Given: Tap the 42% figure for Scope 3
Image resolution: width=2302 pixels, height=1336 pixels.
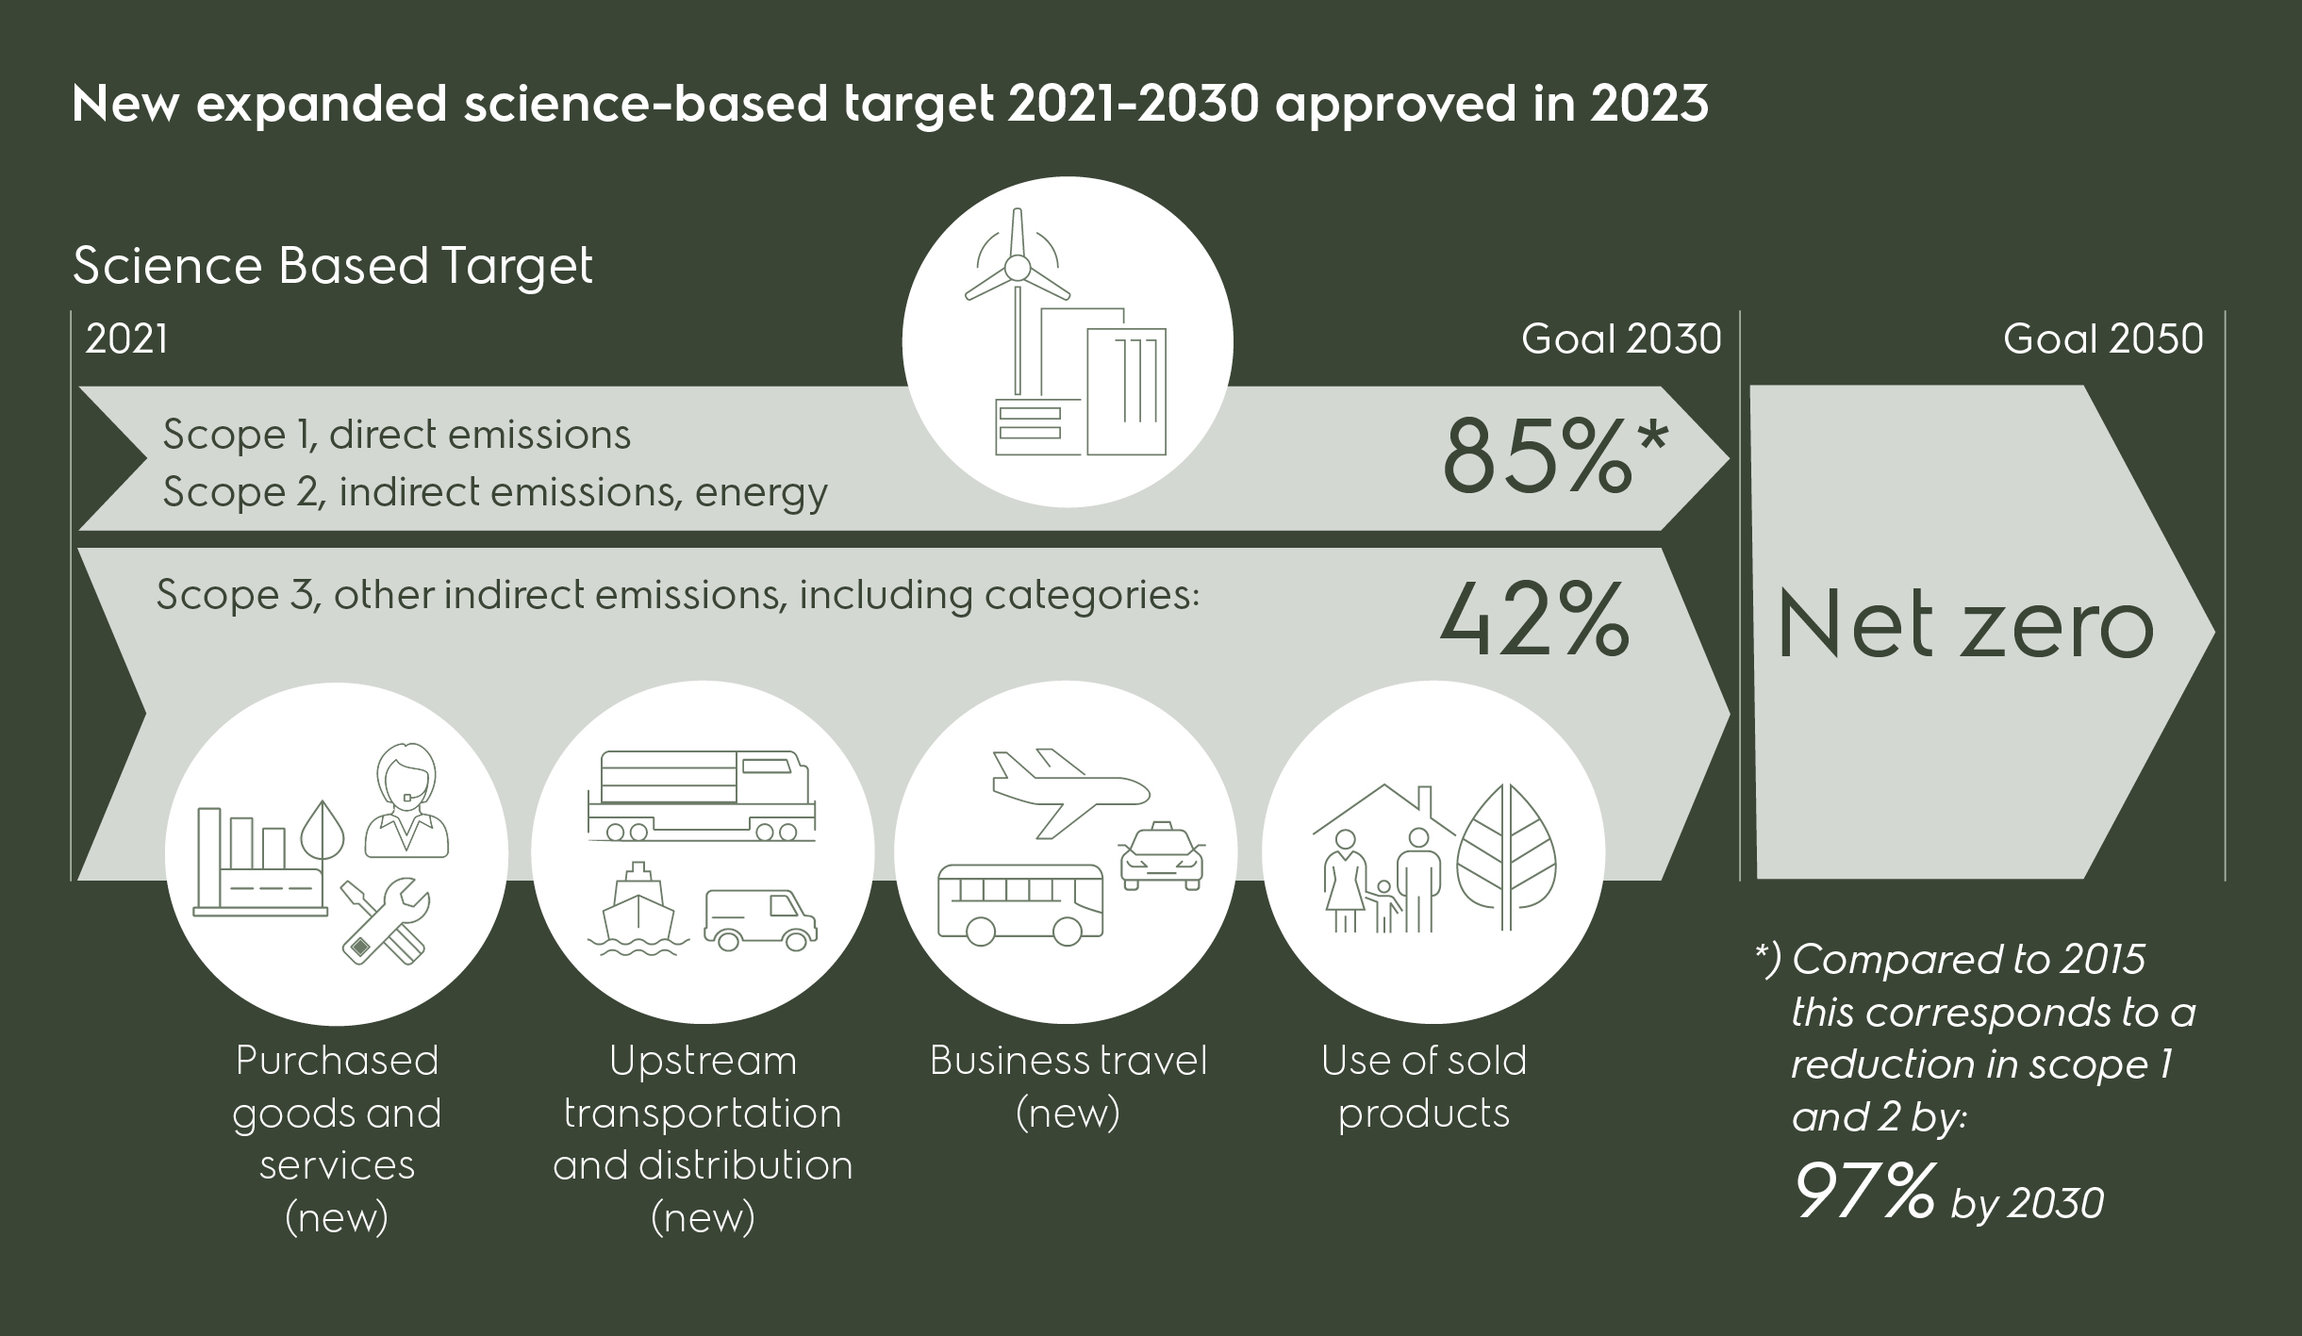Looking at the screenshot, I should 1533,619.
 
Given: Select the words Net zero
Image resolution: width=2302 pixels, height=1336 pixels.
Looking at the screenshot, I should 1965,627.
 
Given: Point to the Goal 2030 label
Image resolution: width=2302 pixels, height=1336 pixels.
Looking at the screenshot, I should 1620,339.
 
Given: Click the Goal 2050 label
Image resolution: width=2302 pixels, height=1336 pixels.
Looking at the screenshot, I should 2102,339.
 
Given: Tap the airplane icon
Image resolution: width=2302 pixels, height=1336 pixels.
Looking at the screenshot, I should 1069,790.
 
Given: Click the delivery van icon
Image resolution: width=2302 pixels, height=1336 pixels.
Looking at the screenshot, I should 760,920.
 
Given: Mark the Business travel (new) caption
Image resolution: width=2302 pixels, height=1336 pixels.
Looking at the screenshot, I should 1068,1086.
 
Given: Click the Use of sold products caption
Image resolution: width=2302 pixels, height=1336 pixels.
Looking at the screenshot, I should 1423,1086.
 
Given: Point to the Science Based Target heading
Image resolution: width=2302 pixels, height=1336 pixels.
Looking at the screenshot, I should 332,266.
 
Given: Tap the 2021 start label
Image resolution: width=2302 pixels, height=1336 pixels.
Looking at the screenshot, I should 126,339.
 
